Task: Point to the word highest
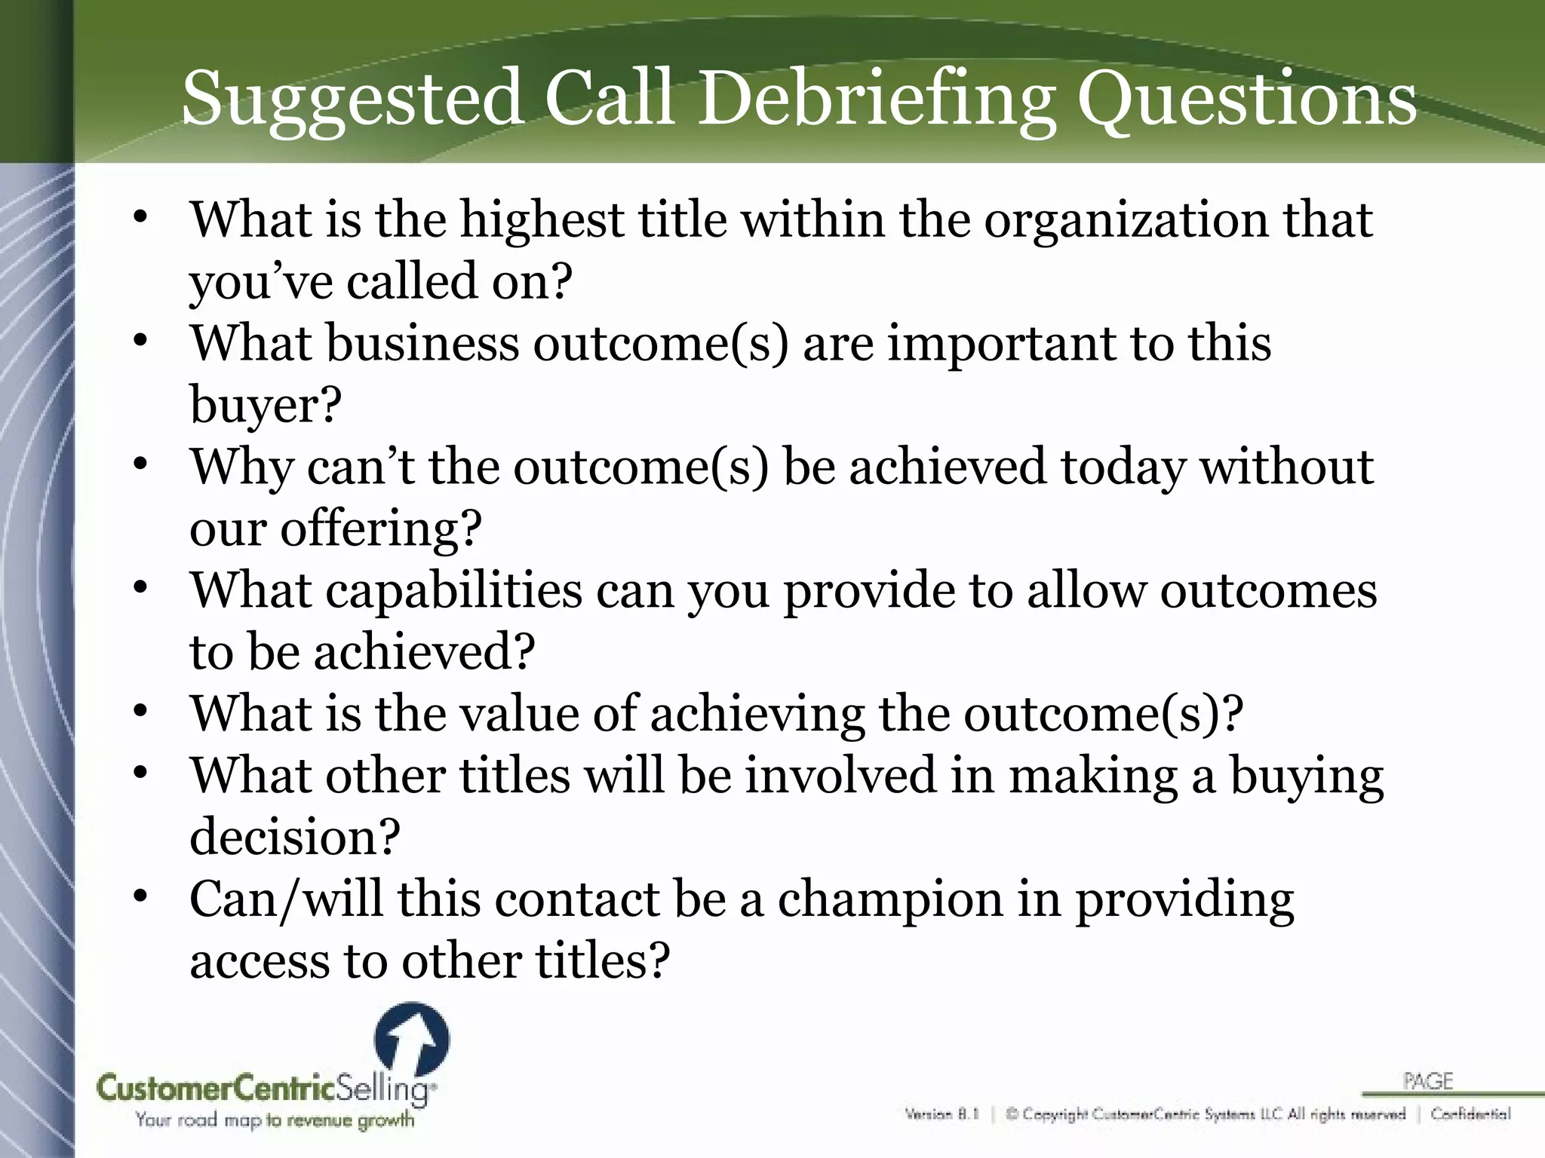[542, 219]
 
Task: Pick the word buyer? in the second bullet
[266, 406]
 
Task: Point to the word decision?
[294, 838]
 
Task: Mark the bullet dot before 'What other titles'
[140, 774]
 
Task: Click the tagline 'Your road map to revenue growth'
[275, 1120]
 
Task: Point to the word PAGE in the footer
[1428, 1082]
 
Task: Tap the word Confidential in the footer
[1470, 1114]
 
